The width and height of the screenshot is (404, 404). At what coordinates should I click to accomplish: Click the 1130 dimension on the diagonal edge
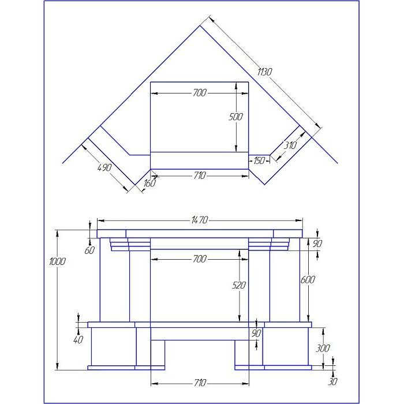click(264, 72)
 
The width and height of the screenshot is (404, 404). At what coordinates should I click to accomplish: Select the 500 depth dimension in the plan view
click(235, 117)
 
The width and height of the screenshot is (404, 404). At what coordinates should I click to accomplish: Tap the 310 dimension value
click(290, 145)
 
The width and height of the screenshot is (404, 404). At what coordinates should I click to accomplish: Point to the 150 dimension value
click(259, 160)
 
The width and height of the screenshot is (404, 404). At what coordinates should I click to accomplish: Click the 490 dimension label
click(104, 167)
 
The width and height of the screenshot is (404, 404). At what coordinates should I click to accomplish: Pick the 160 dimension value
click(149, 183)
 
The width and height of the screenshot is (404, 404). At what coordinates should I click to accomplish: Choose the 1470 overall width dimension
click(200, 220)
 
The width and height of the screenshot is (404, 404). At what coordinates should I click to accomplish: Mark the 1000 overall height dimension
click(58, 261)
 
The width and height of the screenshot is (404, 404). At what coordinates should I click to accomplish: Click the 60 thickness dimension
click(89, 250)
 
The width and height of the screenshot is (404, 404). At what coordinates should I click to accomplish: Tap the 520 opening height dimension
click(239, 285)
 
